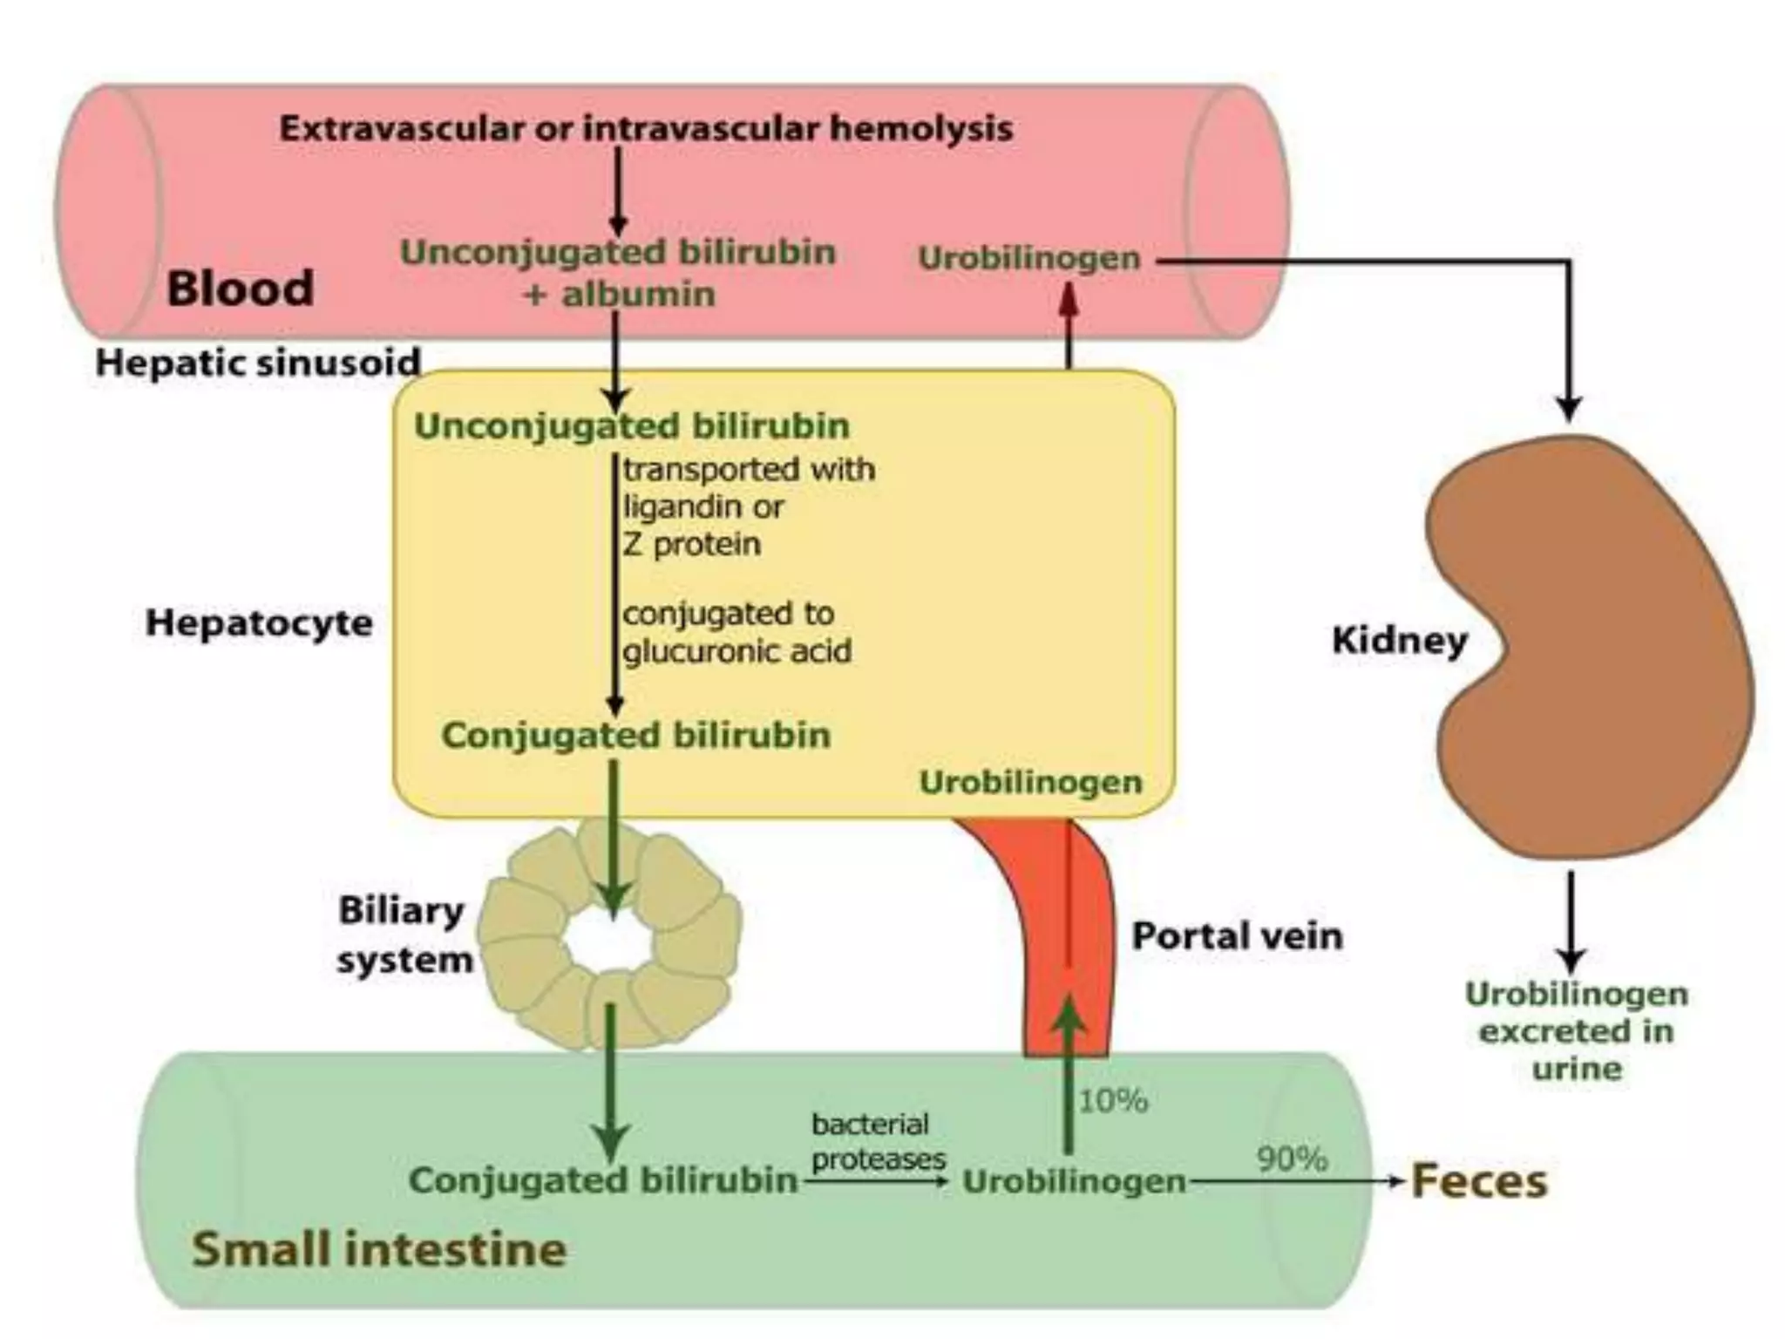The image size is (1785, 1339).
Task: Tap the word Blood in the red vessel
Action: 240,289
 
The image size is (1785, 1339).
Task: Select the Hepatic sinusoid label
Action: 258,363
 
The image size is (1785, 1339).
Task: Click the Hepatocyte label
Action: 259,623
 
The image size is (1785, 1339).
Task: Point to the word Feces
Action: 1479,1181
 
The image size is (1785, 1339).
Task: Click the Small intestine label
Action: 379,1248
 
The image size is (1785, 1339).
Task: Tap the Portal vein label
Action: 1237,936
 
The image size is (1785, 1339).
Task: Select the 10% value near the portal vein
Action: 1113,1101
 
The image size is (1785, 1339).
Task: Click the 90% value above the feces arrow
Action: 1292,1159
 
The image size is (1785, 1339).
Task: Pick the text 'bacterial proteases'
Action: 879,1141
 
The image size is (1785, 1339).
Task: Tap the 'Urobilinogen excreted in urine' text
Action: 1577,1031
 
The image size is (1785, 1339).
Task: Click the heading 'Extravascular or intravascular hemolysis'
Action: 646,129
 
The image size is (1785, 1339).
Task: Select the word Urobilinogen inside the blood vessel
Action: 1029,258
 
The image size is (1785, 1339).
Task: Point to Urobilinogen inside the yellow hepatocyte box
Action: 1031,782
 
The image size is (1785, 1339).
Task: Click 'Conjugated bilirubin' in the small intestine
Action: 603,1180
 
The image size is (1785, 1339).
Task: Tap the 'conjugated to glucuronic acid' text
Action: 736,632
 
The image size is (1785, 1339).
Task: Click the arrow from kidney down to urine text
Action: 1571,922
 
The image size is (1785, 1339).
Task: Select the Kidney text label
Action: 1400,641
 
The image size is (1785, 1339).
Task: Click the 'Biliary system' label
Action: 404,935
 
